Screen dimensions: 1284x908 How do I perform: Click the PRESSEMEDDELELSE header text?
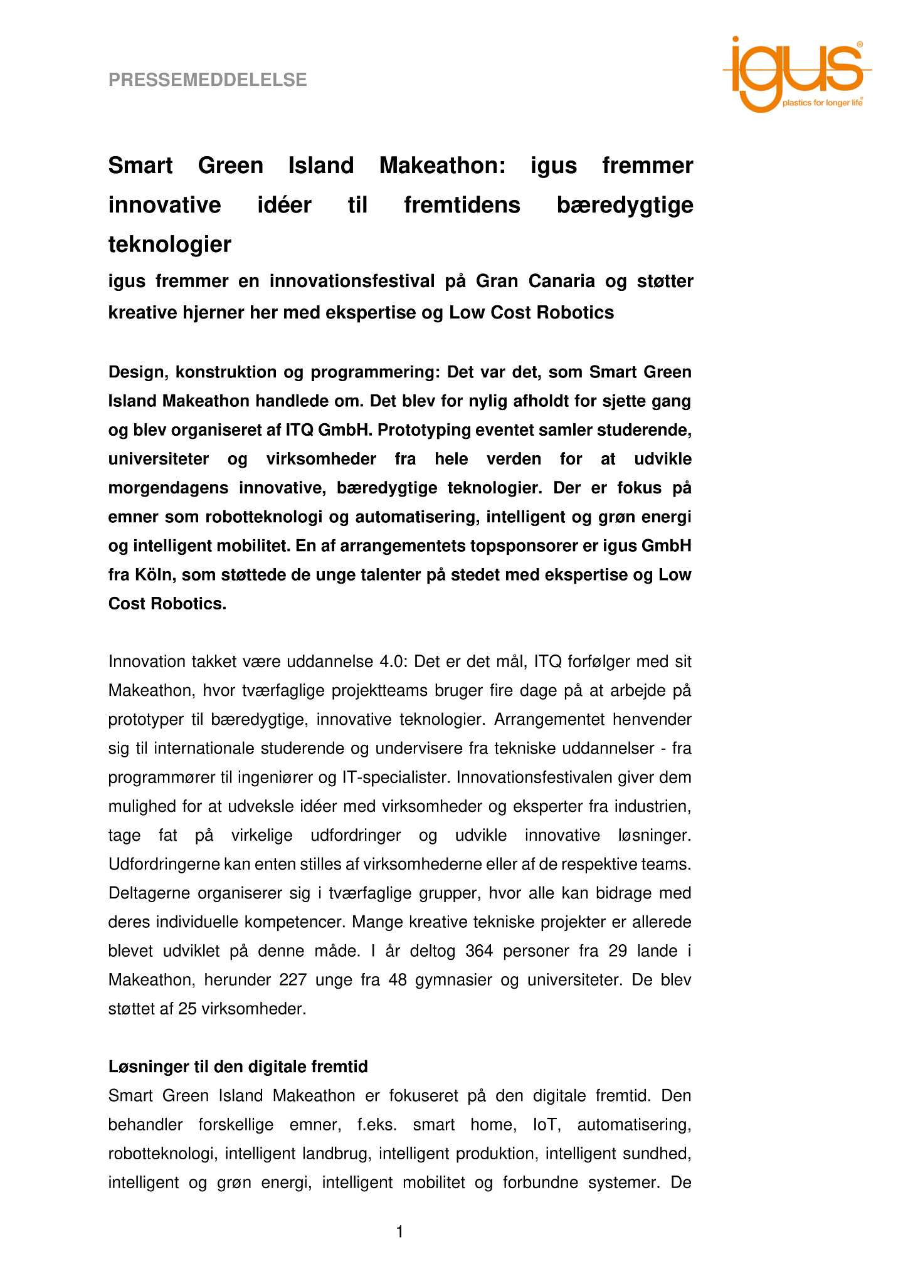(208, 80)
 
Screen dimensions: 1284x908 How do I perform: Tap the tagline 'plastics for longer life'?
(822, 103)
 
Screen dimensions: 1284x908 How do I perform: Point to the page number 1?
(399, 1233)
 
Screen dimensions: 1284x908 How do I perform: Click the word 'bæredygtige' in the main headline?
(625, 206)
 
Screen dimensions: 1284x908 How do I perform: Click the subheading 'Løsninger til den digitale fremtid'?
(238, 1066)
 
